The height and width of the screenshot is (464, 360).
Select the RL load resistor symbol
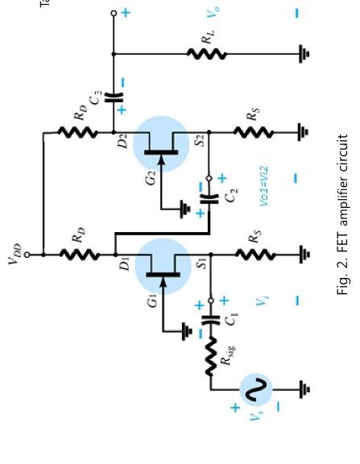(207, 55)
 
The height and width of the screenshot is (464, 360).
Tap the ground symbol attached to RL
(304, 55)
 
